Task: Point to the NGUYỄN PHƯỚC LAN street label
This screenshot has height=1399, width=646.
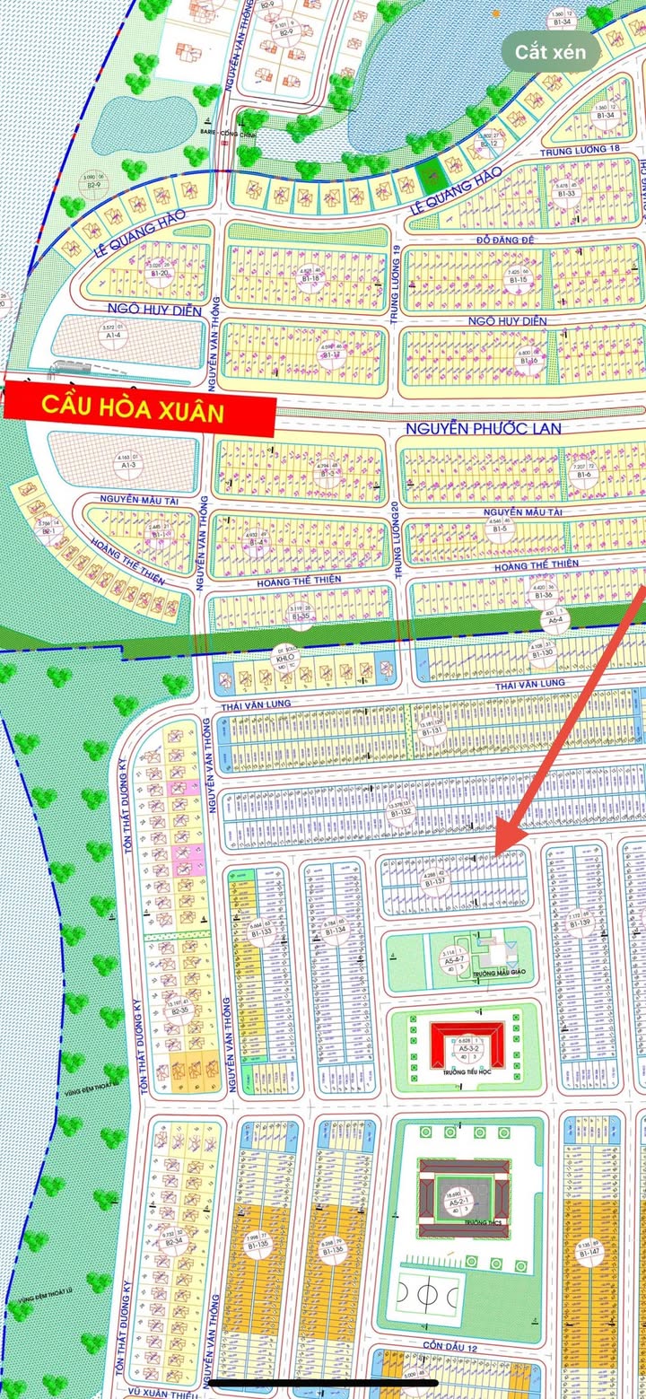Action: click(x=484, y=429)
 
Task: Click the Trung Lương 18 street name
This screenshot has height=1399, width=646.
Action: click(x=581, y=152)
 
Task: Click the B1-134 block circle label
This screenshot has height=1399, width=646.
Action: click(x=333, y=925)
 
